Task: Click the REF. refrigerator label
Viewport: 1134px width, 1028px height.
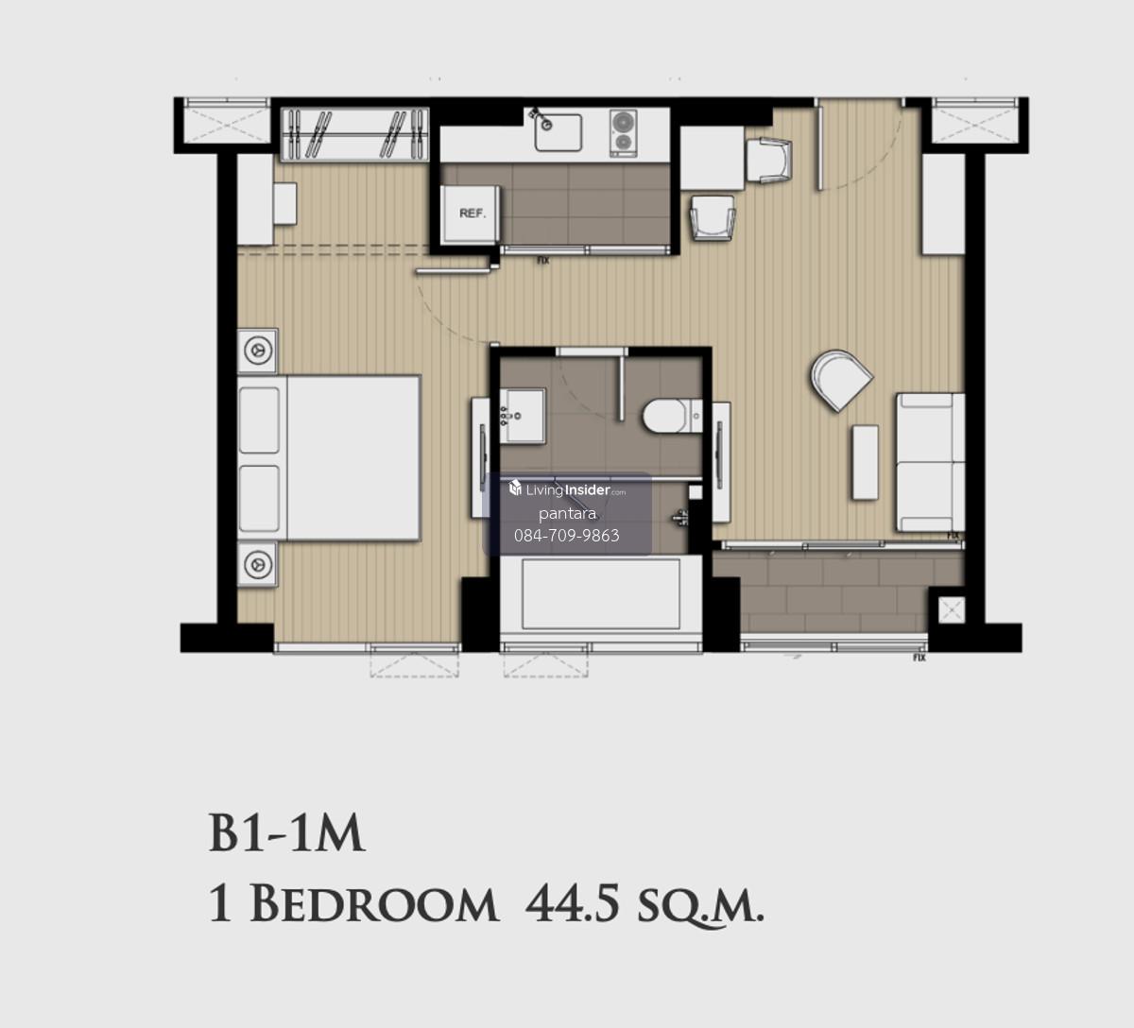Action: pos(472,214)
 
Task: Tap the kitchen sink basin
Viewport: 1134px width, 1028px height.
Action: pos(558,133)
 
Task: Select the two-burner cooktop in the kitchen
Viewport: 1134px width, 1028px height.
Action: pos(623,133)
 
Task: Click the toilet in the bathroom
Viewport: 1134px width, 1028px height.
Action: pos(673,416)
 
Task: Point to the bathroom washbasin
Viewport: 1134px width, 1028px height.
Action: pos(523,416)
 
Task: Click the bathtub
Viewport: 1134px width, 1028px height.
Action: pos(601,593)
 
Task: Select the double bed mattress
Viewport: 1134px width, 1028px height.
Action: pos(329,457)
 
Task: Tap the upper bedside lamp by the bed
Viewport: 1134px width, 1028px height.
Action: pos(257,351)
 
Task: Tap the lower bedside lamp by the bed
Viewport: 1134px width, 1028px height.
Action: pos(257,564)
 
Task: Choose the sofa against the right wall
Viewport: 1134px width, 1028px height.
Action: pos(930,463)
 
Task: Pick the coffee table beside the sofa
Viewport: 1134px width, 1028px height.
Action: pos(865,463)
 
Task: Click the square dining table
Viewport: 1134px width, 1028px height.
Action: pos(712,158)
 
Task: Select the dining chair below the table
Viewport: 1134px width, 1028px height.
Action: pos(713,217)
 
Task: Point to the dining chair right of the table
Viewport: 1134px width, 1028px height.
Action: pos(769,160)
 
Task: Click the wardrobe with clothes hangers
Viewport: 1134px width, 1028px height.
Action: pos(355,134)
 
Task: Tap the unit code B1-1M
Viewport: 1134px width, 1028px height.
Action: pos(286,833)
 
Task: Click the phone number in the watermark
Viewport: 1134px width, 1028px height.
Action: pos(566,536)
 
